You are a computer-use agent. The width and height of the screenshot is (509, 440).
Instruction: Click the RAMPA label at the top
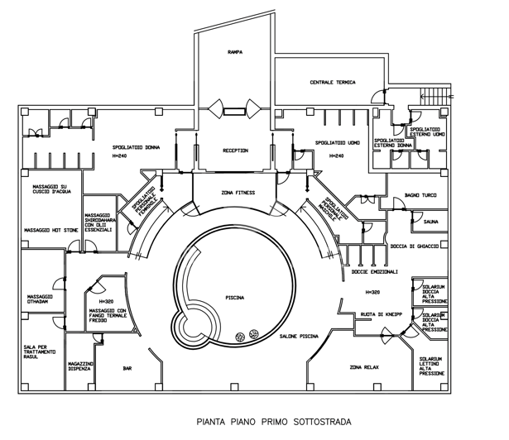point(234,52)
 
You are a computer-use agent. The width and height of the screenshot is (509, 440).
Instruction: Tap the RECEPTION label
point(235,151)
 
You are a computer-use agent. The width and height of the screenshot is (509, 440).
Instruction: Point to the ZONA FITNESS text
point(238,193)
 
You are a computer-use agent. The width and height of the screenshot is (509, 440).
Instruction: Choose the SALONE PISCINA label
point(299,337)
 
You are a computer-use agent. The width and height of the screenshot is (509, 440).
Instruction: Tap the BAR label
point(127,368)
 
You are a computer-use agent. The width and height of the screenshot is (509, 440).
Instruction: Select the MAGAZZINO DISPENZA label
point(81,366)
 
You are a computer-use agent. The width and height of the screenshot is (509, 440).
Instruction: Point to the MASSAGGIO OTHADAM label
point(41,299)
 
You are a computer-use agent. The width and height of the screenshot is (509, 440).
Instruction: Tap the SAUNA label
point(430,222)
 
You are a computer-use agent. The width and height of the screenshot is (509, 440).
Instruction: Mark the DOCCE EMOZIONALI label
point(374,271)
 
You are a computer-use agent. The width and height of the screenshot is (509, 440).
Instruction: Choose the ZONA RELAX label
point(365,366)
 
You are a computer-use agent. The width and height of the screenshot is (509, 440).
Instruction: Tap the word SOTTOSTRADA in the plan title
point(317,422)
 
